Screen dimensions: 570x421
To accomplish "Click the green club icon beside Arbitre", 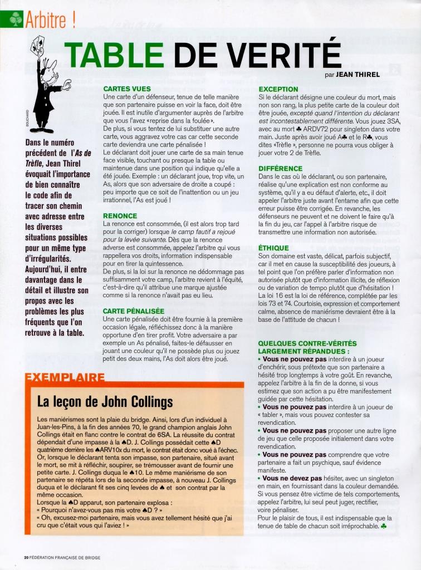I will click(x=16, y=20).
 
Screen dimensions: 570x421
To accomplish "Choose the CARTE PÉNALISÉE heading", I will click(x=134, y=311).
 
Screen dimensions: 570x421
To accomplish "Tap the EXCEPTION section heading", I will click(x=278, y=89).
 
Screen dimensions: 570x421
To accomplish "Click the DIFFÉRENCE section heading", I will click(x=282, y=168).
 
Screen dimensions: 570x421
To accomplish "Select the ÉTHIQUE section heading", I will click(x=274, y=247).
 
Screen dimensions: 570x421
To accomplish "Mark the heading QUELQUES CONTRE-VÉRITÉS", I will click(x=307, y=343).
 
